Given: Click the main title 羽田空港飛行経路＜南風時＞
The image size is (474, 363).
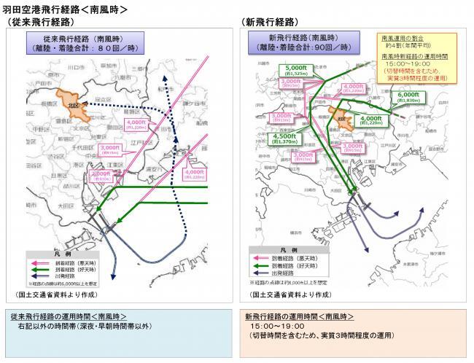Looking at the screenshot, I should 66,9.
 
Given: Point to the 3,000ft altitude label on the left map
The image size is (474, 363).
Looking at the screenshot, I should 109,149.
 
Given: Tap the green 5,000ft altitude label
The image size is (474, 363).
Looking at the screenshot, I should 293,71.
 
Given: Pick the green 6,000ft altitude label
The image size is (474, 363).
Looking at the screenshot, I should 408,96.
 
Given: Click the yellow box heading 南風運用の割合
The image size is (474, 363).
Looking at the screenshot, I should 400,36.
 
